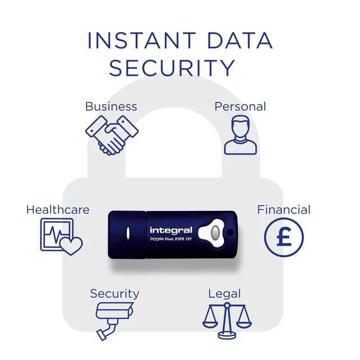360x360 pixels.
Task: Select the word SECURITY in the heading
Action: [x=172, y=68]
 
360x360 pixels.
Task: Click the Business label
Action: [x=111, y=106]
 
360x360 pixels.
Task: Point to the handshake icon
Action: [x=111, y=134]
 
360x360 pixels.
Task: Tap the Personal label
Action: [x=240, y=106]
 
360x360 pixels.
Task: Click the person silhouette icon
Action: [x=241, y=134]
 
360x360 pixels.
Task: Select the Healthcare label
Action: [x=57, y=210]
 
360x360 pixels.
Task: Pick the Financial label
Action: [x=283, y=210]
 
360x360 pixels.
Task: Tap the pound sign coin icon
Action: [x=284, y=237]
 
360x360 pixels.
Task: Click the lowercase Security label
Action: [x=114, y=293]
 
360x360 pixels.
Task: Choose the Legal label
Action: [x=224, y=293]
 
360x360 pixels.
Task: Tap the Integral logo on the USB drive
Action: [x=171, y=230]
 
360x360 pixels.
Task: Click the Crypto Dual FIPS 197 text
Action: [x=171, y=239]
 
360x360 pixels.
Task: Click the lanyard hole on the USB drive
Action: [x=229, y=232]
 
